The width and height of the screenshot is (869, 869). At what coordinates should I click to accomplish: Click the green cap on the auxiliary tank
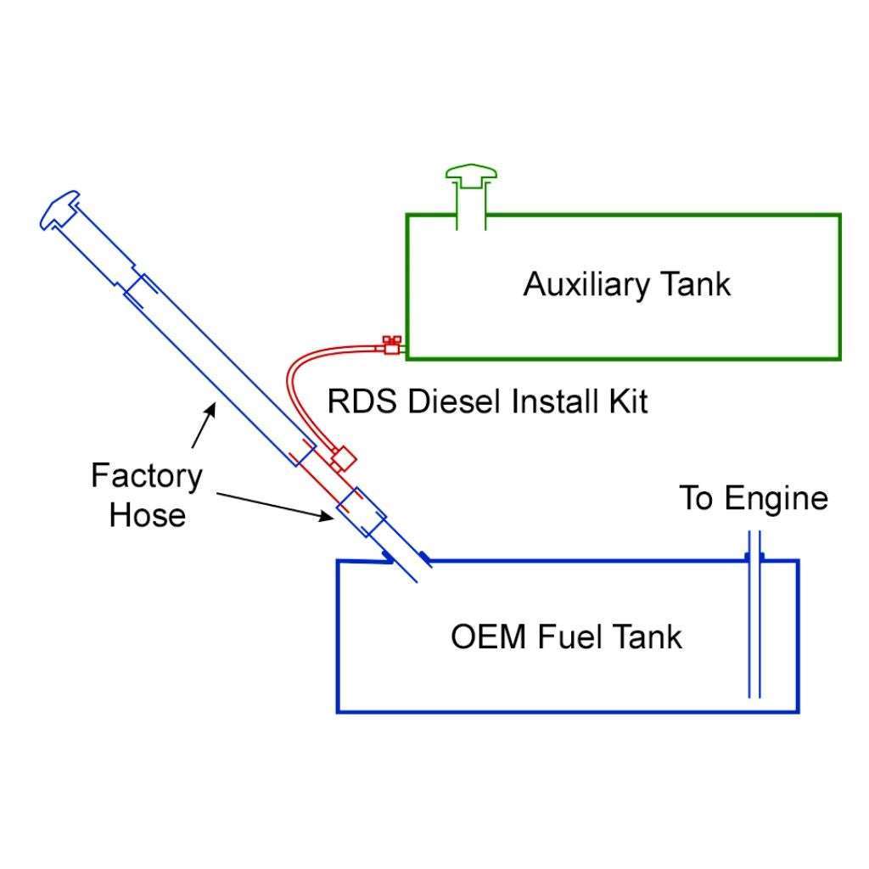click(x=471, y=177)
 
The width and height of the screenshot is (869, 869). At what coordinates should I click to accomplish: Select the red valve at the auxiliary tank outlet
click(x=390, y=345)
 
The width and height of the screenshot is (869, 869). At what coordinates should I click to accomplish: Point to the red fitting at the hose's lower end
click(x=343, y=459)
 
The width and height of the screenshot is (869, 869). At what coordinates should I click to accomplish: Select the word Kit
click(x=626, y=401)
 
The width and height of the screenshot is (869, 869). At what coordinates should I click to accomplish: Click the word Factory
click(x=147, y=475)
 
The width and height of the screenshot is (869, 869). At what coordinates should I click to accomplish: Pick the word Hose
click(x=147, y=514)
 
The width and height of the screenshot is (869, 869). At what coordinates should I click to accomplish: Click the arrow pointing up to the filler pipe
click(x=203, y=424)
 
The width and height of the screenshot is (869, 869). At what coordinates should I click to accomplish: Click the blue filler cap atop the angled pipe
click(x=59, y=210)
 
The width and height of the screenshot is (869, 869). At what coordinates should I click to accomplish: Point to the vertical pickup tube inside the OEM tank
click(x=754, y=628)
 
